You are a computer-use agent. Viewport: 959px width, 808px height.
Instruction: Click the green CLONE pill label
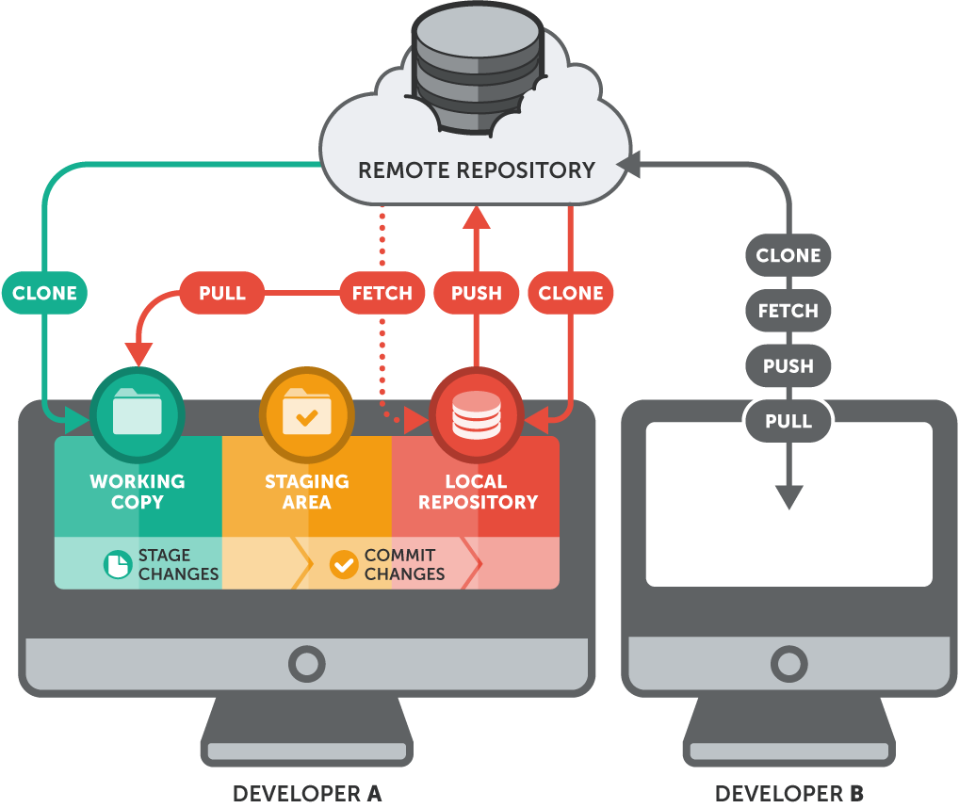point(44,293)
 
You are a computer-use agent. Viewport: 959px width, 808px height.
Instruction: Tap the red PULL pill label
point(222,293)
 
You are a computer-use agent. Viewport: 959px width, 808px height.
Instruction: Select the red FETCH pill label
point(382,293)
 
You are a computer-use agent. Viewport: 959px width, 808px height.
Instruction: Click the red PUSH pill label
point(476,293)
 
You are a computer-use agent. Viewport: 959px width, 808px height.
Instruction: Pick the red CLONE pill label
point(571,293)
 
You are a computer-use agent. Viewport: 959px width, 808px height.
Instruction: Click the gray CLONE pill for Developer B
point(788,255)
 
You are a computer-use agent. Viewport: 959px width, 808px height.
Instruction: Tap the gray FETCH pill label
point(788,311)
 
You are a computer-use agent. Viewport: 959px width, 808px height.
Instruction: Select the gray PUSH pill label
point(788,366)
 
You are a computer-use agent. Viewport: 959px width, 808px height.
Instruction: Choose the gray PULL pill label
point(788,421)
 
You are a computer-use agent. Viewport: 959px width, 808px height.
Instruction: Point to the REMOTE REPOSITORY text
point(476,170)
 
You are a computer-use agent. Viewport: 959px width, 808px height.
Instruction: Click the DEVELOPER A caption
point(306,793)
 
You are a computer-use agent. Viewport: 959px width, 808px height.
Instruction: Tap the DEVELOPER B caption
point(788,793)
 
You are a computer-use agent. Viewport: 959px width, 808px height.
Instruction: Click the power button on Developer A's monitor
point(306,664)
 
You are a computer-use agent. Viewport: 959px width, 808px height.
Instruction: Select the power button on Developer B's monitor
point(788,664)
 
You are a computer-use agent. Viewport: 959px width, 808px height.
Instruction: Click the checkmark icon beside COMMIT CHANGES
point(344,564)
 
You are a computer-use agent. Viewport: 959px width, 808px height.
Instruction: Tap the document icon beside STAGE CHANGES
point(118,564)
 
